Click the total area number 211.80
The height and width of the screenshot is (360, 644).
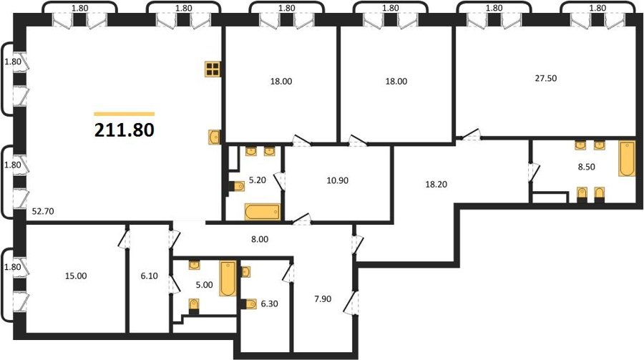click(x=125, y=130)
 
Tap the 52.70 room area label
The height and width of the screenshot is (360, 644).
click(x=43, y=212)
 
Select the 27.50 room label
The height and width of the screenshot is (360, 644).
click(x=545, y=78)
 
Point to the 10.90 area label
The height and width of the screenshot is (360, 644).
click(x=338, y=180)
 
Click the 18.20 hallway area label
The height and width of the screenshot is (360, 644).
click(x=436, y=185)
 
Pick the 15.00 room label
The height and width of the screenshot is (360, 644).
click(x=76, y=276)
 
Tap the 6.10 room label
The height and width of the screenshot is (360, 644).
click(x=149, y=276)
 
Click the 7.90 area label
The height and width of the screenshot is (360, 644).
click(x=323, y=298)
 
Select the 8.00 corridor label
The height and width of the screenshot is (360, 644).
click(x=260, y=239)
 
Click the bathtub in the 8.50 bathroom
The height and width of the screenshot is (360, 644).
click(x=627, y=158)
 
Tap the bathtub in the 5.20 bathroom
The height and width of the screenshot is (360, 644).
click(x=263, y=212)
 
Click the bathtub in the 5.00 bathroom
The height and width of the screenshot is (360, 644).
click(x=228, y=278)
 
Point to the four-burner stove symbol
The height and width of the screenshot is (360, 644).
click(x=213, y=69)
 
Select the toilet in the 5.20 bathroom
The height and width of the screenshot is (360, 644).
click(x=237, y=187)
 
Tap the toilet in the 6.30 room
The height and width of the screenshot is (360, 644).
click(x=249, y=303)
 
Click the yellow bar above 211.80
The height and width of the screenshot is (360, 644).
click(x=125, y=114)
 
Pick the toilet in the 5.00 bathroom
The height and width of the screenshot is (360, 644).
click(x=194, y=306)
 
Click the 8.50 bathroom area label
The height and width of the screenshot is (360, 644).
click(x=587, y=167)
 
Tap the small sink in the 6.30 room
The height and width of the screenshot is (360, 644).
click(x=245, y=272)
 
